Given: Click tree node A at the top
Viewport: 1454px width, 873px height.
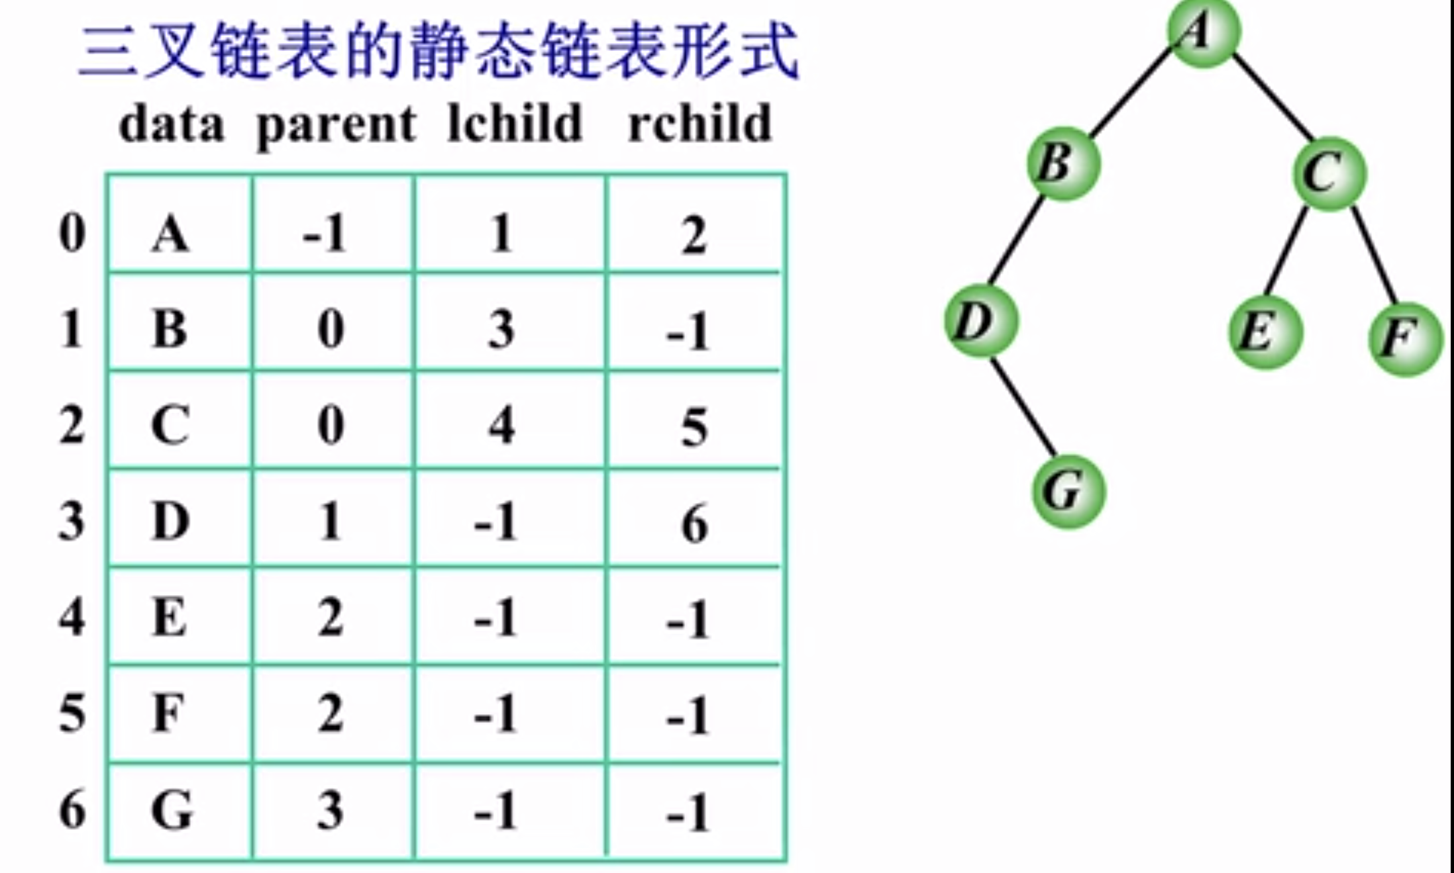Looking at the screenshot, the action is point(1202,32).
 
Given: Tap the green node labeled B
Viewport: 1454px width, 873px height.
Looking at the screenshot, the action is point(1063,163).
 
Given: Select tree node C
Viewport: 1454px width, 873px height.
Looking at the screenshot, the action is point(1329,173).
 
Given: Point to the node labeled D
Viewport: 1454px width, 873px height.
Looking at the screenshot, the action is point(980,320).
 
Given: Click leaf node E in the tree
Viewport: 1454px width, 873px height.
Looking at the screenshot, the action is point(1265,331).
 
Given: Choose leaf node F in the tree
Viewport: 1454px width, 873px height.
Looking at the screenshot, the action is point(1405,338).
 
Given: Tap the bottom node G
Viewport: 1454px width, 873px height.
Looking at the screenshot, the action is point(1068,491).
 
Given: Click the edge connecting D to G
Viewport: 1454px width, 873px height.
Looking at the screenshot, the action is point(1023,406).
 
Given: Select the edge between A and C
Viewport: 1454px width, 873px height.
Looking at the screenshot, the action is point(1272,97).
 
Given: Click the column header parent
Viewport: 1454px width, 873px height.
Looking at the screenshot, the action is point(336,125).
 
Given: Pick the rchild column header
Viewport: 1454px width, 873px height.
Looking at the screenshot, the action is point(700,124).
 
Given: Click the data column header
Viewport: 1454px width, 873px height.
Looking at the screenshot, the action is point(172,125).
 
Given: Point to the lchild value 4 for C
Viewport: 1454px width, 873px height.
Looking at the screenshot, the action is point(501,426).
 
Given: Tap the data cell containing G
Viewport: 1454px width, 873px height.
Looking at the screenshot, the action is point(172,810).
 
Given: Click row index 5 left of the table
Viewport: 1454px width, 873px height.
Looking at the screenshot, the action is point(72,714).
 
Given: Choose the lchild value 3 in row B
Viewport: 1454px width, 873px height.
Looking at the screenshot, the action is point(501,329).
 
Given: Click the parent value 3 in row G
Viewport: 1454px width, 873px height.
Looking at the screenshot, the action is point(330,810).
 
